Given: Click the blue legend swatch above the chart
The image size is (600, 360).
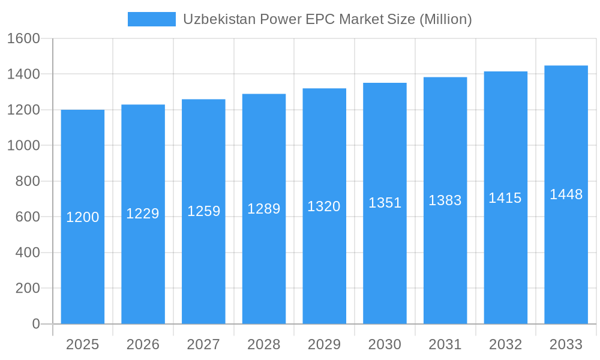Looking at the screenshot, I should click(151, 19).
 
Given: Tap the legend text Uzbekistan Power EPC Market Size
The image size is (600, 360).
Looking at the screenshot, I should click(327, 19).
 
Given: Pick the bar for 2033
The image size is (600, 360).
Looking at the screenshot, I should click(566, 252).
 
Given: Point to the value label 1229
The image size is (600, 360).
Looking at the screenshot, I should click(143, 214).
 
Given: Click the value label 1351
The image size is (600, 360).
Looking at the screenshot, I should click(385, 203).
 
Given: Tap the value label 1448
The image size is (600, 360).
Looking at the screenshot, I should click(566, 194).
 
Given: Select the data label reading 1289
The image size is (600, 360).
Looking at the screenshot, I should click(264, 209).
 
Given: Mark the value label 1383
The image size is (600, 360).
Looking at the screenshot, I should click(445, 200).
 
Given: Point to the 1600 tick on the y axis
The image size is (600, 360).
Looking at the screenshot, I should click(23, 39).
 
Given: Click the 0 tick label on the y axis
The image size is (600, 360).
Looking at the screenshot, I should click(35, 324).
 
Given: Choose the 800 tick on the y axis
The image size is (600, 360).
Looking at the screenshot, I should click(27, 181).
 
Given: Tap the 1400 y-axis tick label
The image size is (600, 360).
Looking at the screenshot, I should click(23, 74).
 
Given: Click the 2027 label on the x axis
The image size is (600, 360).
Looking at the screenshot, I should click(203, 344).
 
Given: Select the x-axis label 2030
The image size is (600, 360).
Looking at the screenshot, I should click(385, 344).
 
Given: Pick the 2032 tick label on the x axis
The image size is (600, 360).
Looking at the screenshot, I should click(505, 344).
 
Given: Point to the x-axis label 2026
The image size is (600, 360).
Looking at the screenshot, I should click(143, 344).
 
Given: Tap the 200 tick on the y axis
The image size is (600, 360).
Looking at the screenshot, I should click(27, 288).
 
